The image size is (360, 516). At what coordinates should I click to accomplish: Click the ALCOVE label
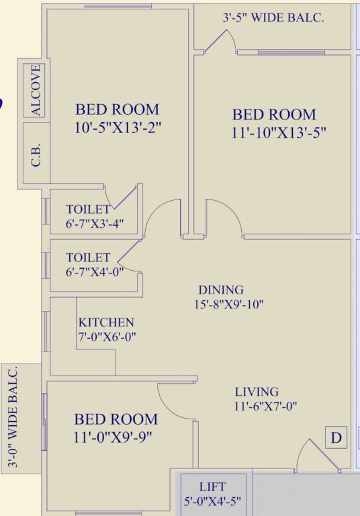(36, 90)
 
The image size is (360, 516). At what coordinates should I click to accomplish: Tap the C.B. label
(36, 156)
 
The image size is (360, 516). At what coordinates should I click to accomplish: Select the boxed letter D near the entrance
(336, 438)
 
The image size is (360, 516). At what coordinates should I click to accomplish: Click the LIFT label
(212, 486)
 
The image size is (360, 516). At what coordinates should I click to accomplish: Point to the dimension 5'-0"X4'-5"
(212, 501)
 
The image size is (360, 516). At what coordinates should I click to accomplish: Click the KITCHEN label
(106, 322)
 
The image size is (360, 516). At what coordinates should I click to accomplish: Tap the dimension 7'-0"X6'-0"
(107, 337)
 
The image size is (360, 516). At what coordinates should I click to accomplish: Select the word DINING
(220, 290)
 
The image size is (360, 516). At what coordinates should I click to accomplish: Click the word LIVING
(257, 392)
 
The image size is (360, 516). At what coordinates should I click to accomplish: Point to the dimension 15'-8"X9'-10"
(225, 304)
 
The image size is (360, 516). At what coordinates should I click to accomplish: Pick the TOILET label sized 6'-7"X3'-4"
(88, 210)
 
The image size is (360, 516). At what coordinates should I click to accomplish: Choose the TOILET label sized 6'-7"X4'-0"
(88, 257)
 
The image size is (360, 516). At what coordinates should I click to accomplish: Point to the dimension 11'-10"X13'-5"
(279, 132)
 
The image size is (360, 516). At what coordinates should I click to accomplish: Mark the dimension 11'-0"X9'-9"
(114, 437)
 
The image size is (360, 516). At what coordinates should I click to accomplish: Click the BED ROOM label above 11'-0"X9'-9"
(116, 419)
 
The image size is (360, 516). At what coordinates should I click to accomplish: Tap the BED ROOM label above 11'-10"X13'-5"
(274, 114)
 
